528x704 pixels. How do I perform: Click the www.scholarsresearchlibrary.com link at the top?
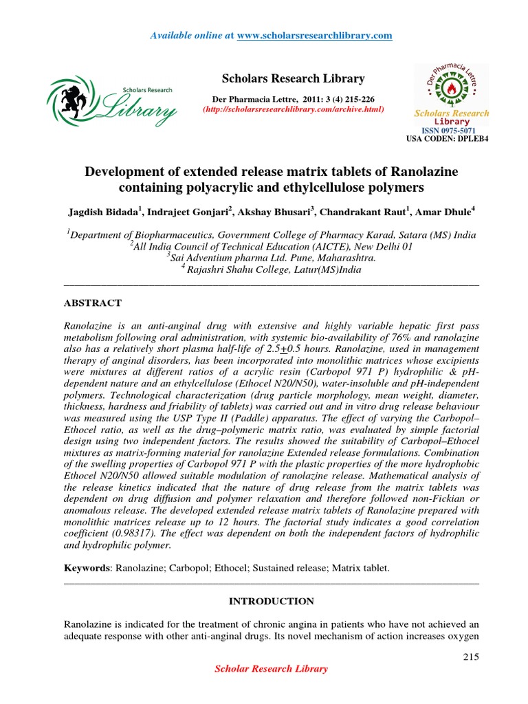point(314,35)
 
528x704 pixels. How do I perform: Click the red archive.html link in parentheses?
point(292,110)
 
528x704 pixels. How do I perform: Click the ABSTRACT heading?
point(93,303)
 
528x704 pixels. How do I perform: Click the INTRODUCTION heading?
point(271,601)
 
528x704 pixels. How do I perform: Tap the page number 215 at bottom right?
point(470,657)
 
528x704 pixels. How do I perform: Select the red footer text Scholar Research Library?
point(272,668)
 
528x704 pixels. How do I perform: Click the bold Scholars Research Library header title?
point(293,78)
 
